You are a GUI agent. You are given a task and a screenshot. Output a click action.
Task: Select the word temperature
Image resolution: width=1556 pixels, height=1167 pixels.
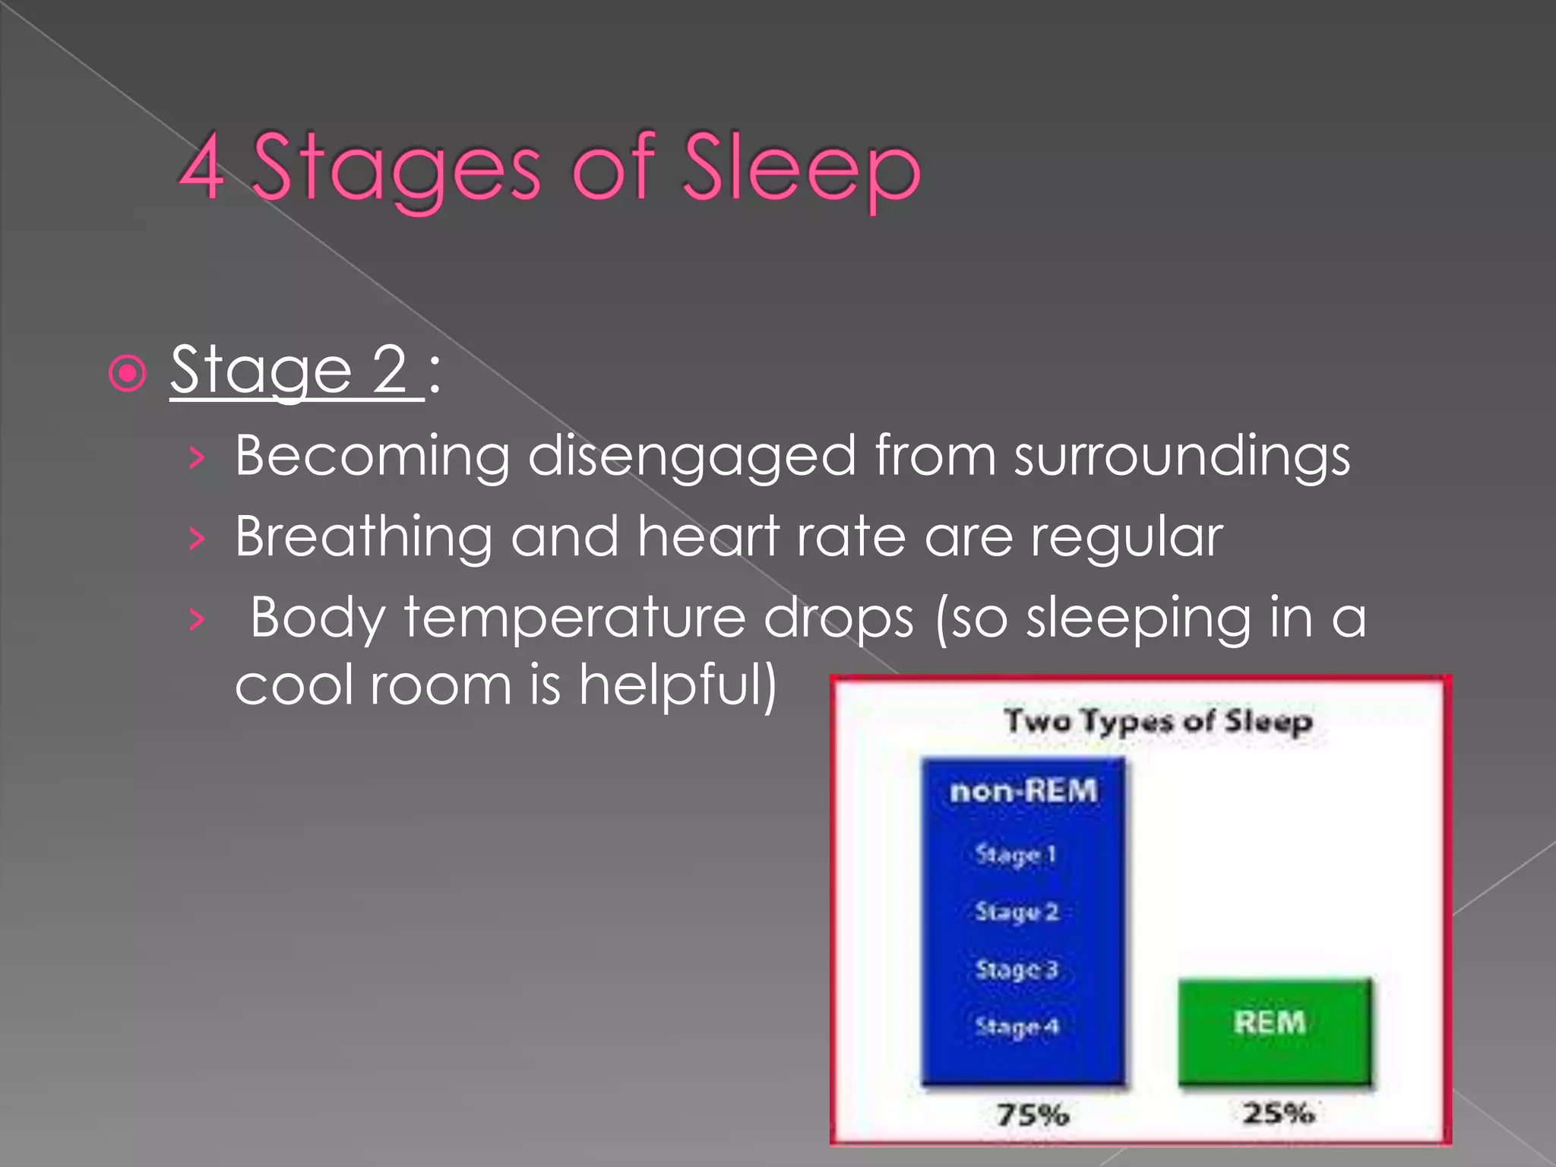[574, 618]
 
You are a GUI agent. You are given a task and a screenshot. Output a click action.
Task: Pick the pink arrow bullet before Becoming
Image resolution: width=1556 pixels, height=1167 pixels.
[197, 457]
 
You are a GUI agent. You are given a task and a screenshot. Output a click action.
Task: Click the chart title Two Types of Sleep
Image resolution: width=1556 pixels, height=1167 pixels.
[1158, 721]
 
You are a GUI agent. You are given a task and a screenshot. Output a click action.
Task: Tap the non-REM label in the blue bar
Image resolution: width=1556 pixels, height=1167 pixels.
[1023, 792]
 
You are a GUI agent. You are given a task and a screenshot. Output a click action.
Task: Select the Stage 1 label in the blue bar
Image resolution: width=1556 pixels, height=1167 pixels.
[1016, 855]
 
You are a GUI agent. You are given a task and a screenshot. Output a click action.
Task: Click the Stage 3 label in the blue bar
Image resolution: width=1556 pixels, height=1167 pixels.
[1017, 970]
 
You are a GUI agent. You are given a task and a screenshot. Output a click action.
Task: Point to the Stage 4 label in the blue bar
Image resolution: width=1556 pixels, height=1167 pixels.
[1017, 1027]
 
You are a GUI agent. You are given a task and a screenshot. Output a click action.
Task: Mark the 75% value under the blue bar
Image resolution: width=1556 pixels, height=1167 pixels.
[1033, 1115]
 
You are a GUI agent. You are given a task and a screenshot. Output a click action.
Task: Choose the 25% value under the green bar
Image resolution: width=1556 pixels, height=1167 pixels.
[1279, 1114]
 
